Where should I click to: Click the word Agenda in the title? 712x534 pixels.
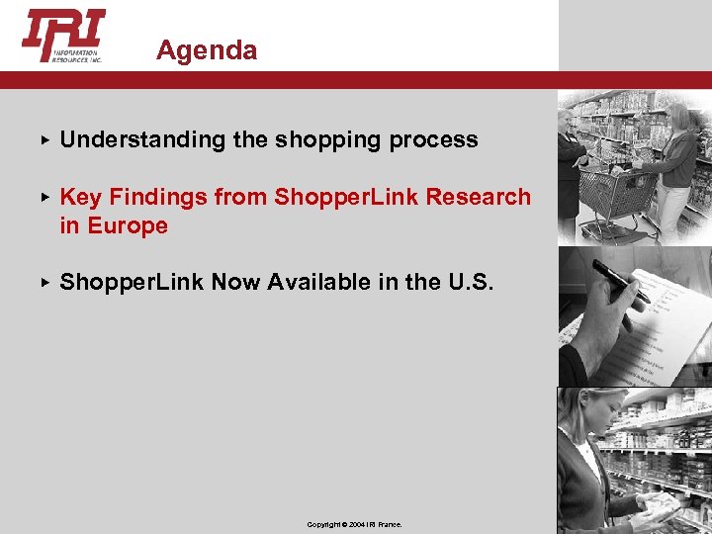(207, 50)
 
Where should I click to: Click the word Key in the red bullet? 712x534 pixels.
(80, 198)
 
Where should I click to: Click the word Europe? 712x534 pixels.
(128, 226)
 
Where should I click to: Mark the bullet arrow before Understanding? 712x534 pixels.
(45, 140)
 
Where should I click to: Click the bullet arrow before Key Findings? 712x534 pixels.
(45, 198)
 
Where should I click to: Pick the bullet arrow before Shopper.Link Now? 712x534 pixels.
(45, 283)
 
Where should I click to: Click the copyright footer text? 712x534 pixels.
(355, 525)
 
